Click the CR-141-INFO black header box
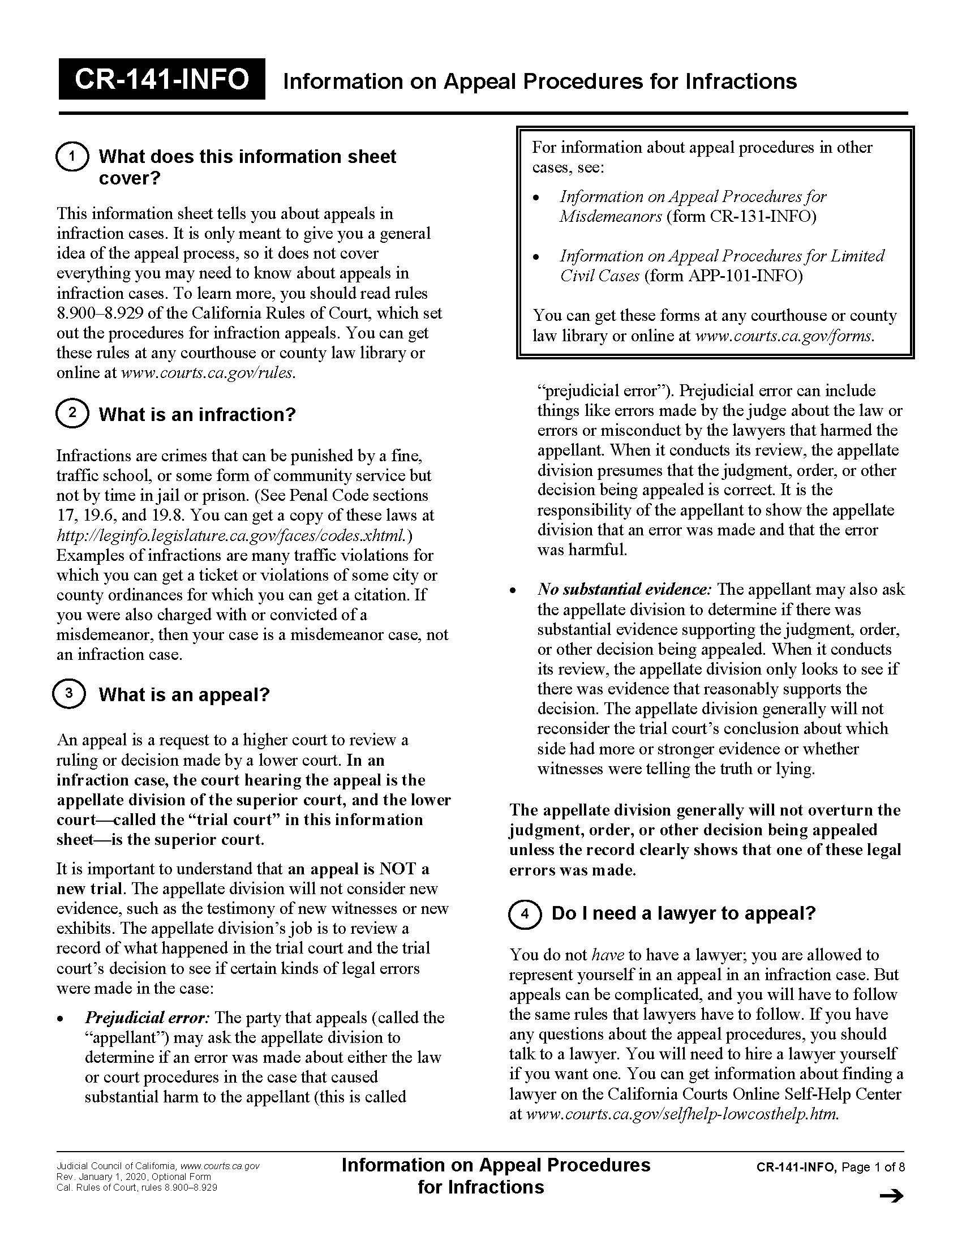[161, 79]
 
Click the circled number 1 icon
[72, 156]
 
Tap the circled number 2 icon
[72, 413]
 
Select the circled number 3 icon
[69, 693]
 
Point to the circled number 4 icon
[525, 913]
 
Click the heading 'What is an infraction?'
[196, 414]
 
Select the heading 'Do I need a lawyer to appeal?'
[684, 913]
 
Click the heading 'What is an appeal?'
[183, 694]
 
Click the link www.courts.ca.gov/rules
[208, 373]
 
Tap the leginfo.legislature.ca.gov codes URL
[232, 535]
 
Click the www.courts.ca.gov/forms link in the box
[785, 336]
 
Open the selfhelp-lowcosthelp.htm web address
[682, 1113]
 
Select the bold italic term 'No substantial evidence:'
[625, 590]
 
